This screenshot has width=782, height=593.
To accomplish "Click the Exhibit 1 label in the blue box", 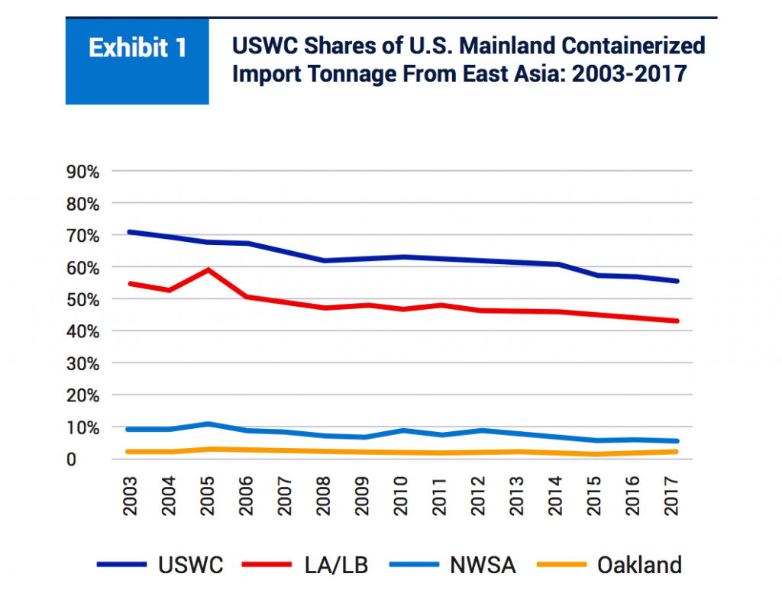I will click(x=137, y=48).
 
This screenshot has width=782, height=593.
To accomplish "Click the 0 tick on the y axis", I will click(x=93, y=459).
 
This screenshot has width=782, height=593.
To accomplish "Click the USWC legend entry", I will click(x=190, y=566).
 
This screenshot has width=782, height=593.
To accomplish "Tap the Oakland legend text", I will click(x=639, y=566).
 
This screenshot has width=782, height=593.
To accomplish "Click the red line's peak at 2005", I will click(x=208, y=269).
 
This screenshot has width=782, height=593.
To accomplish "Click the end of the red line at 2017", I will click(x=676, y=321).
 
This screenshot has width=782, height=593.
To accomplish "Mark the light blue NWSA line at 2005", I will click(x=208, y=424).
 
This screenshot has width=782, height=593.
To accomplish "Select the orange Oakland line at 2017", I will click(x=676, y=452).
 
